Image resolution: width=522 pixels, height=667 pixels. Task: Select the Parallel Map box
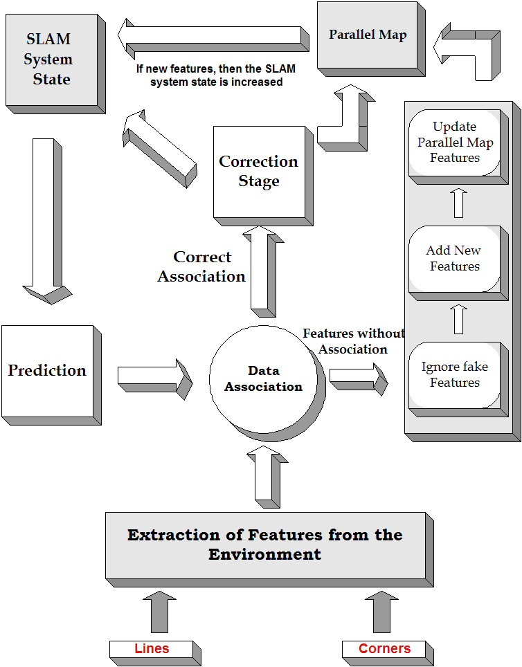click(x=368, y=35)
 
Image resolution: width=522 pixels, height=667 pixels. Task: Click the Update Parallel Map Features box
click(x=454, y=142)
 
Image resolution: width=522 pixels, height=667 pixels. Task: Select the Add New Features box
click(x=454, y=258)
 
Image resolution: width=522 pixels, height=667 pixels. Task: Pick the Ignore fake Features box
click(x=454, y=374)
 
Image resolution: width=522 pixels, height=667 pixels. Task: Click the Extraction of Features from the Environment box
click(x=264, y=545)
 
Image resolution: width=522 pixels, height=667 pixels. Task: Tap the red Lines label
click(x=152, y=649)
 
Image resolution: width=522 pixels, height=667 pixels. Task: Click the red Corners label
click(x=384, y=649)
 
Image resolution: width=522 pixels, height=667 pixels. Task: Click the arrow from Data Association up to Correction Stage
click(x=263, y=273)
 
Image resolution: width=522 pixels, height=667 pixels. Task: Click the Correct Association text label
click(x=201, y=266)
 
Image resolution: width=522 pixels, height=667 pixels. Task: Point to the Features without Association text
click(x=353, y=341)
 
